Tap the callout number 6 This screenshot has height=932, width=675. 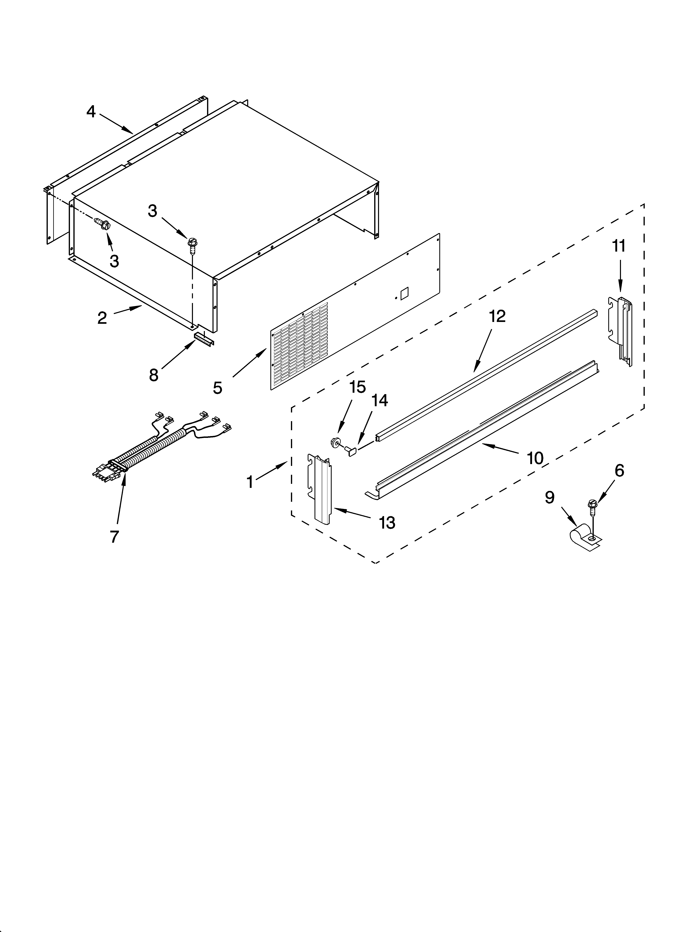click(x=619, y=471)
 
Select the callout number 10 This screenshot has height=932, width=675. click(x=535, y=458)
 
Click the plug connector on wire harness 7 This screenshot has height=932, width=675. click(x=106, y=472)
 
